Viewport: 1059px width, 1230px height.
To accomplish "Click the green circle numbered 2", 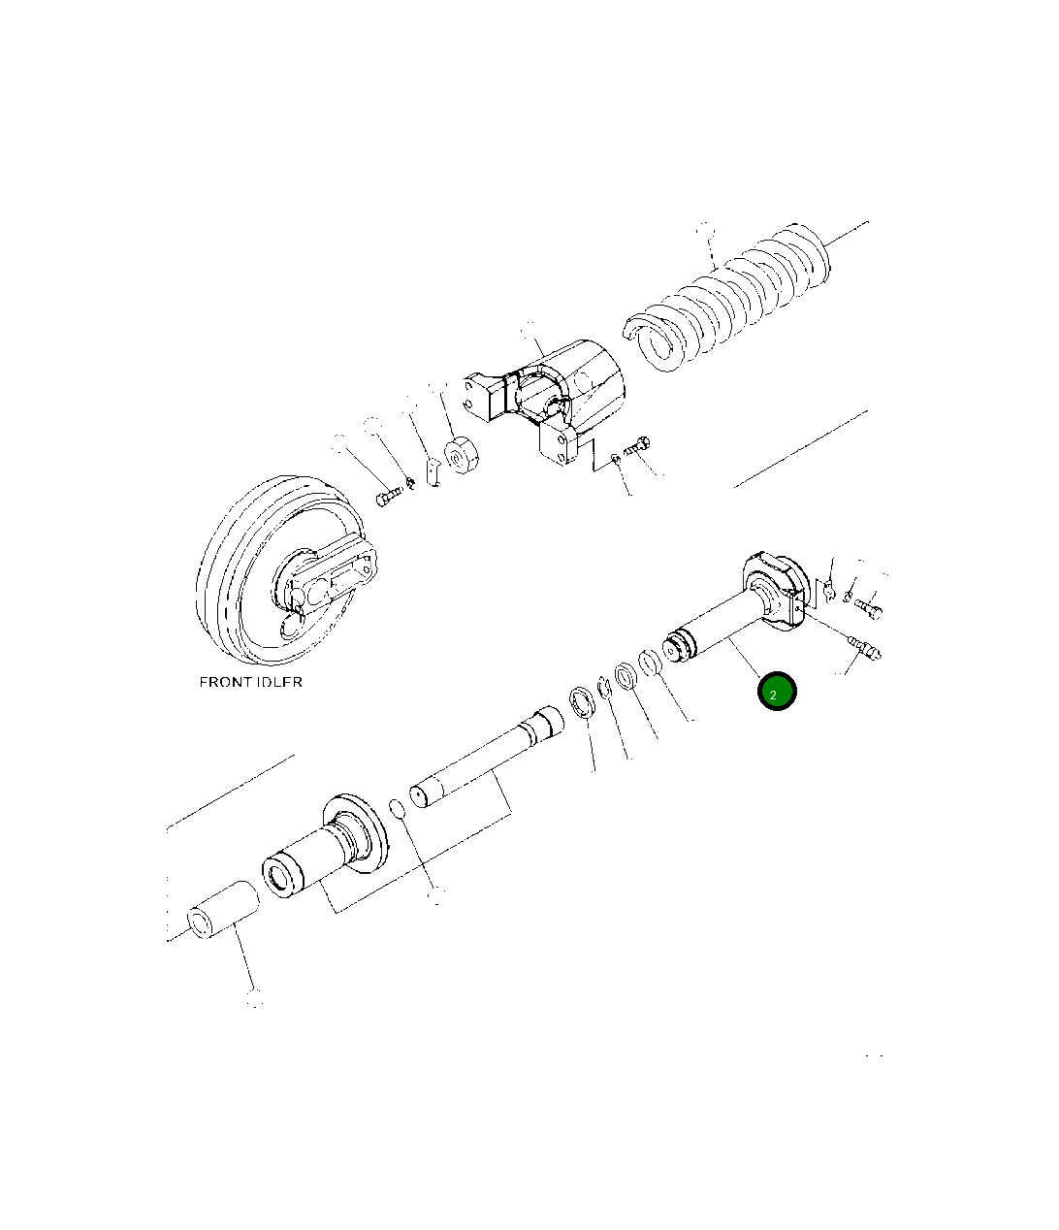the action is click(777, 691).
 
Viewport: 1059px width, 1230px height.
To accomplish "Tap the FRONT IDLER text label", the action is click(250, 682).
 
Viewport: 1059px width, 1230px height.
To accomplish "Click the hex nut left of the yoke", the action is click(461, 456).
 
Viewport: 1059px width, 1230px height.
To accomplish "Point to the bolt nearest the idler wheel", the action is click(389, 497).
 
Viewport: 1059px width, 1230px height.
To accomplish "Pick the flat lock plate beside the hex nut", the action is click(433, 471).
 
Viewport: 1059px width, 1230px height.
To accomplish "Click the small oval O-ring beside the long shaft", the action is click(398, 809).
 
